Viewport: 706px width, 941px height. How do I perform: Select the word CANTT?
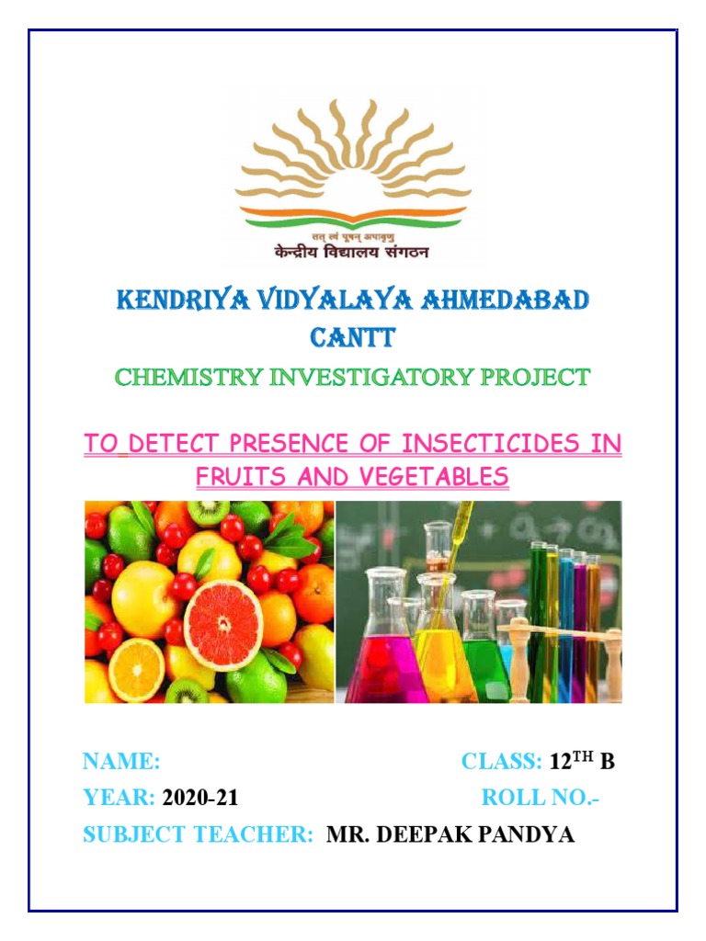(x=353, y=338)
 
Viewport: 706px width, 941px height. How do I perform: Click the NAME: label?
(x=121, y=762)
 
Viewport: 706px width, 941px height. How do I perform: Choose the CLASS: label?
(x=501, y=762)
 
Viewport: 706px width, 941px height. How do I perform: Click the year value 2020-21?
(x=199, y=799)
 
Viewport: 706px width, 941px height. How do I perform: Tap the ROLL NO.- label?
(x=541, y=799)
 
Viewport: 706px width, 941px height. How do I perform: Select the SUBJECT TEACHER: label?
(x=199, y=835)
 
